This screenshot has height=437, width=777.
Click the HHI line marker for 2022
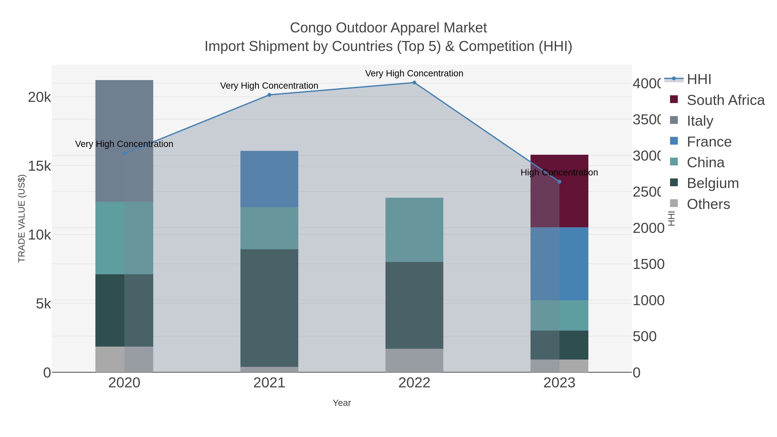pos(414,83)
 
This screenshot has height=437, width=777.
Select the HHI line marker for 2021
pos(269,95)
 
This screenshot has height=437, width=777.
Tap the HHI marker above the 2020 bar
pos(124,153)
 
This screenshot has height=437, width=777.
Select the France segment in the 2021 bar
pos(269,179)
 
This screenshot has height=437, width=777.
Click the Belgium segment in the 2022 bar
pos(414,305)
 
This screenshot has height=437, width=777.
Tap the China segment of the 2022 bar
pos(414,230)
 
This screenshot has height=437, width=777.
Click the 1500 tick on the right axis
pos(648,264)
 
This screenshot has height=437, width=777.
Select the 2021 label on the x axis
pos(269,383)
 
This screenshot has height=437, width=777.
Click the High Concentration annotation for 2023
pos(559,172)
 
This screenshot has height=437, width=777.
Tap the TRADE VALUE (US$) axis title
pos(22,218)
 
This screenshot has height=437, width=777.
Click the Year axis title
pos(342,403)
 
